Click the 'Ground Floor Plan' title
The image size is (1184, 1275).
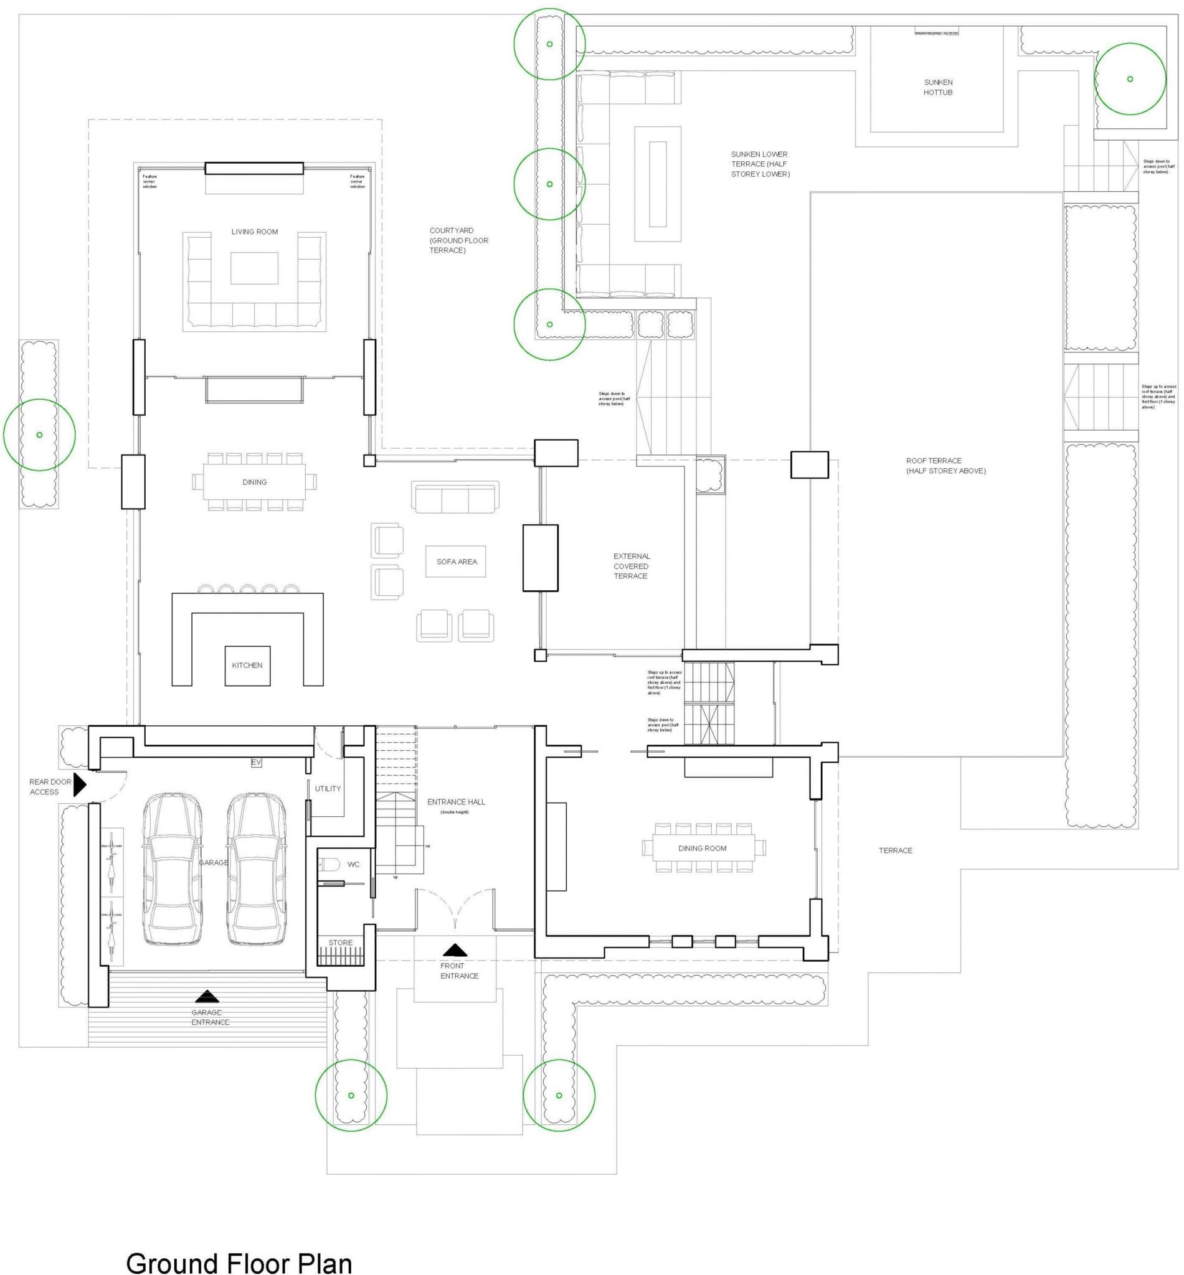click(x=239, y=1245)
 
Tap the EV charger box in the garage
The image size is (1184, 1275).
click(x=256, y=762)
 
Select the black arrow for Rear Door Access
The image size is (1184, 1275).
click(x=80, y=784)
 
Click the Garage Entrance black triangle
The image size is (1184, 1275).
click(x=206, y=996)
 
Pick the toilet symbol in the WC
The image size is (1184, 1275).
click(x=331, y=865)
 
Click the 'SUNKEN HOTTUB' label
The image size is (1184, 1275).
click(x=938, y=87)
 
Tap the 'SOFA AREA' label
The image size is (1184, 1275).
click(x=456, y=562)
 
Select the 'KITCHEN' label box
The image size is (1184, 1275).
click(x=247, y=666)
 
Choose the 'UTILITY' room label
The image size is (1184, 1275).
click(x=328, y=788)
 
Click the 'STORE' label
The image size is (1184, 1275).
click(x=340, y=943)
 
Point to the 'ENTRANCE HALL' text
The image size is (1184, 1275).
click(x=456, y=802)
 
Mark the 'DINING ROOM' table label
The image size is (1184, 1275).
click(x=702, y=849)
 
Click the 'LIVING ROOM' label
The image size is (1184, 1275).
click(x=254, y=232)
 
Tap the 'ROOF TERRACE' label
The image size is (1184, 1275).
click(x=945, y=466)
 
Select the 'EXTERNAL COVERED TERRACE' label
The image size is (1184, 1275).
click(x=631, y=566)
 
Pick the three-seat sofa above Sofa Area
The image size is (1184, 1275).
click(x=455, y=497)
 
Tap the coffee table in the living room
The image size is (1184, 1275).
click(x=254, y=268)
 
